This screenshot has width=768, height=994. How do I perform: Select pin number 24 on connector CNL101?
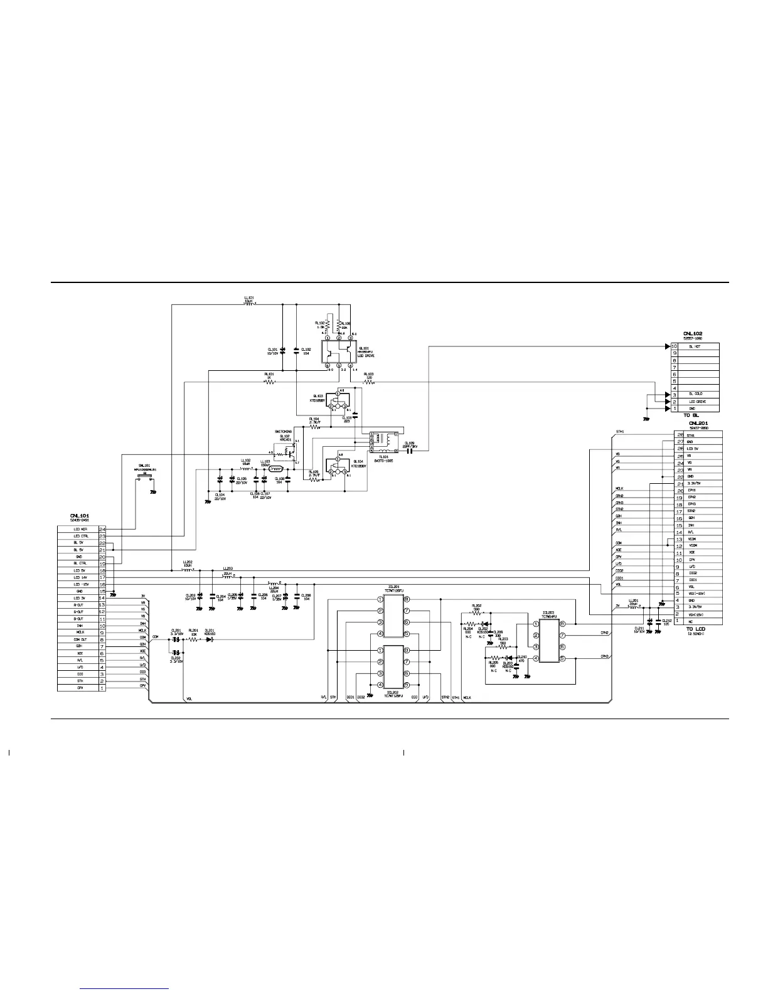(102, 529)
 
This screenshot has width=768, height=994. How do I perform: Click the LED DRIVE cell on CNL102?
(696, 402)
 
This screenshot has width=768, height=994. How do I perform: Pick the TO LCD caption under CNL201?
(695, 629)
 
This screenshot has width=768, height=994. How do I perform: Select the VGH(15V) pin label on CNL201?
(696, 614)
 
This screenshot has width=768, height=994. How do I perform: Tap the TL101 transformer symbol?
(383, 442)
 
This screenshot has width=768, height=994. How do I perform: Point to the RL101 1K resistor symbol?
(270, 382)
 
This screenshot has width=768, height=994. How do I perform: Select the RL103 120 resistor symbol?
(369, 382)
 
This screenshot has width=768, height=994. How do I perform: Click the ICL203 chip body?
(548, 639)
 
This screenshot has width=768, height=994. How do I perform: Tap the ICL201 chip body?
(393, 616)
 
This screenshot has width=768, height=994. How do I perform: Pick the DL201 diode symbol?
(210, 639)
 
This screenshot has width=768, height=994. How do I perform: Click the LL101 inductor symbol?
(249, 305)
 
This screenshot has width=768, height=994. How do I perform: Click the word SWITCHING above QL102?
(284, 432)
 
